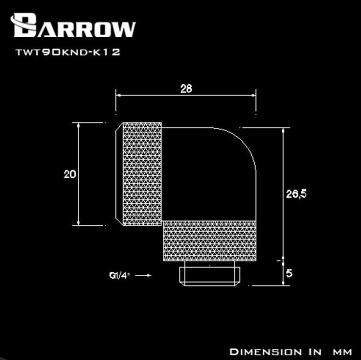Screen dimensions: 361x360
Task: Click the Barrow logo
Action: click(x=73, y=25)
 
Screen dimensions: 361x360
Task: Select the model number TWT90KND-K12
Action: click(x=68, y=52)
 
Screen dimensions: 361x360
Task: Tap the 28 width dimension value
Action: click(x=186, y=89)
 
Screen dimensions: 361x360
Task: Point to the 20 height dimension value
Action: click(x=70, y=174)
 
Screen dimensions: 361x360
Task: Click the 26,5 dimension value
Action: click(x=296, y=194)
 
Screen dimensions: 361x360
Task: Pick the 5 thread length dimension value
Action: click(x=289, y=273)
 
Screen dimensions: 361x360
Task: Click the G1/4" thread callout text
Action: click(x=119, y=275)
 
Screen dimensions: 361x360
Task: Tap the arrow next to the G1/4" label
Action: click(x=143, y=275)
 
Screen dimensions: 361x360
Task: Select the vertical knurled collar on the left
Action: click(x=142, y=174)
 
